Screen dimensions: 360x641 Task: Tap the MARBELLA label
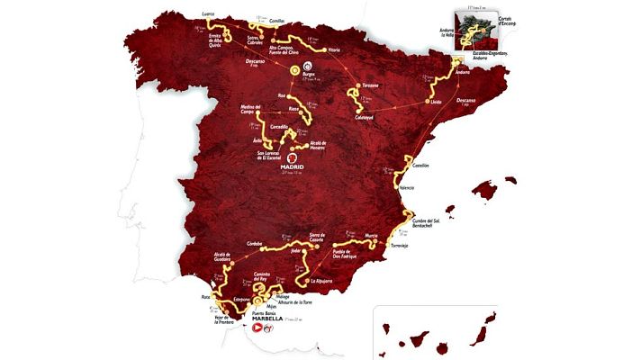pos(272,319)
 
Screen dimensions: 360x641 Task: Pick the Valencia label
pos(406,188)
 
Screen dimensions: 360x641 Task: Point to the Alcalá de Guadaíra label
pos(218,259)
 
